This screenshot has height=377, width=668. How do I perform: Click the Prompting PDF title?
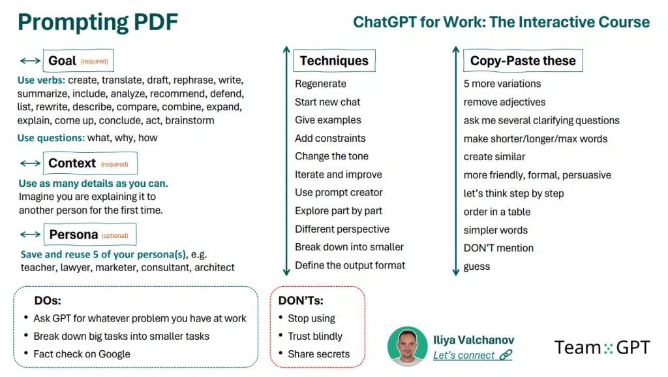pos(98,23)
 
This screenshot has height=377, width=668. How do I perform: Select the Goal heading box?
pos(78,61)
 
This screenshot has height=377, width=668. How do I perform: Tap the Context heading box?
pos(90,163)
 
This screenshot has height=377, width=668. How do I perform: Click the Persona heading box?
pos(90,234)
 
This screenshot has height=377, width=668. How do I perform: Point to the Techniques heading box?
pos(334,61)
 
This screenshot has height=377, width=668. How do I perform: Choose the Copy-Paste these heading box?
pos(523,61)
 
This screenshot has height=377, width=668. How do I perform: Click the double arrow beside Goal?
pos(30,61)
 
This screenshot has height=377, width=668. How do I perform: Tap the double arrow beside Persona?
pos(30,234)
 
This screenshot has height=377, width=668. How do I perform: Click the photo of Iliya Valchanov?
pos(407,347)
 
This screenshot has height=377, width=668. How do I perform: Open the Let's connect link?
pos(472,355)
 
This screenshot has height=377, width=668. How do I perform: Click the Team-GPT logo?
pos(602,348)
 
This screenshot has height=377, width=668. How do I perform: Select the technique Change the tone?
pos(331,156)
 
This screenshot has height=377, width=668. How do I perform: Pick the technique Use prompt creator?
pos(339,192)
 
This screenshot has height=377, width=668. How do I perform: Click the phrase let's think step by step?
pos(513,193)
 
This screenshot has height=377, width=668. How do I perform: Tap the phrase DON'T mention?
pos(498,248)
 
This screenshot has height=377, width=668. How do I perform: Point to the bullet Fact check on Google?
pos(82,354)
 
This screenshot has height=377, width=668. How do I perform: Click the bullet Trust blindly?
pos(315,336)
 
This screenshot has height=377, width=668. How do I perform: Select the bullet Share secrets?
pos(318,354)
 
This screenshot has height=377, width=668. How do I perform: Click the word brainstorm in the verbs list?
pos(190,120)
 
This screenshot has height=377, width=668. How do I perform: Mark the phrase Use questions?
pos(51,138)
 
